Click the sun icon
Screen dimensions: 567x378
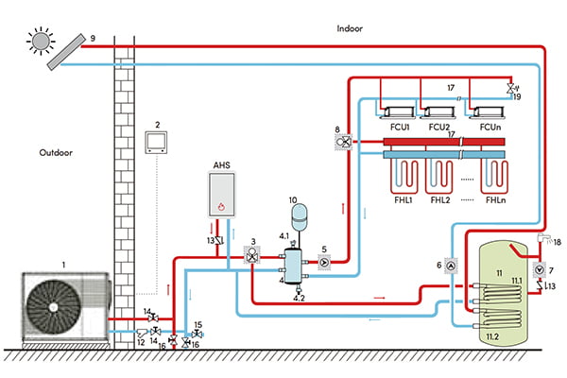click(41, 41)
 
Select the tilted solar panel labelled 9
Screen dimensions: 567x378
click(66, 52)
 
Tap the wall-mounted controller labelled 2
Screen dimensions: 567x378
click(156, 143)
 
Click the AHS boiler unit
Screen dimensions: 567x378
click(221, 196)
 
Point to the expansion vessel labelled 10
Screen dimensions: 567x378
click(299, 217)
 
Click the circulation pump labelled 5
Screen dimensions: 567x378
click(324, 262)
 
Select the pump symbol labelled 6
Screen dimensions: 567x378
click(451, 266)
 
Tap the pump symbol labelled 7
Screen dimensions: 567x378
click(540, 270)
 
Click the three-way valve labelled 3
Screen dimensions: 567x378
click(252, 254)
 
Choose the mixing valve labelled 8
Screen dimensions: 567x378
click(343, 142)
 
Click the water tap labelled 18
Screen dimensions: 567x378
click(543, 238)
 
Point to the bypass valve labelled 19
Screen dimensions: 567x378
click(511, 88)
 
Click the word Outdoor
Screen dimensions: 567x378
click(56, 152)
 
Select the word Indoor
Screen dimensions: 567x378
click(350, 28)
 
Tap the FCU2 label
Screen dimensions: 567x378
click(439, 127)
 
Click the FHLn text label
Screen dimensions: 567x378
click(495, 199)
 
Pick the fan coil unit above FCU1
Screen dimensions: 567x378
click(399, 112)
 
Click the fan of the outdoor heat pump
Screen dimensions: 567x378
click(54, 307)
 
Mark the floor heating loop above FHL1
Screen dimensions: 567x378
click(404, 177)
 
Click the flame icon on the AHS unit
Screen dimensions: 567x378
click(221, 207)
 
